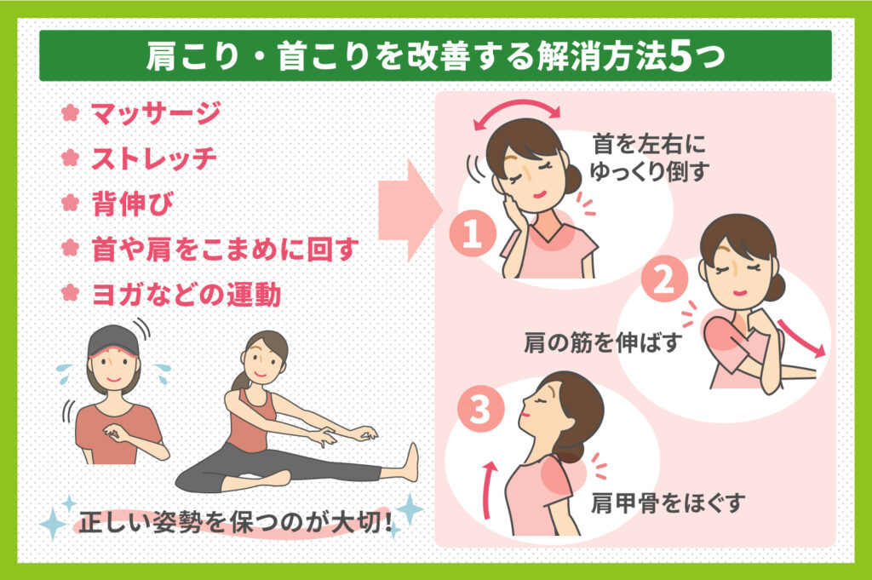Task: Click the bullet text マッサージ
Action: point(156,112)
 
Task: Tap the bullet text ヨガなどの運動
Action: point(186,295)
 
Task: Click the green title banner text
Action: point(435,58)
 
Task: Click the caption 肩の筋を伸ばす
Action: point(602,345)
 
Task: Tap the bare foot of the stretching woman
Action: point(410,461)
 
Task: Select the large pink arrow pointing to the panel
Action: point(410,210)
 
